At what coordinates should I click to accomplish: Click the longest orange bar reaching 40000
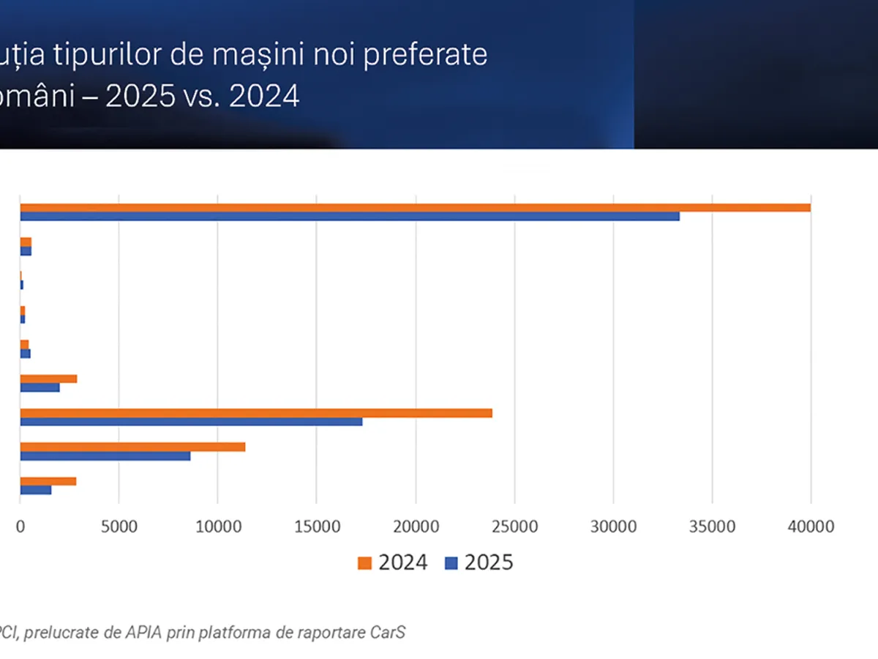pyautogui.click(x=415, y=207)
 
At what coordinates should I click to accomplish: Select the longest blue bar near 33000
pyautogui.click(x=350, y=216)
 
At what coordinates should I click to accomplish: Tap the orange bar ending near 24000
pyautogui.click(x=256, y=413)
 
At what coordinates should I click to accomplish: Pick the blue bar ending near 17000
pyautogui.click(x=191, y=422)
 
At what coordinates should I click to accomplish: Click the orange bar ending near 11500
pyautogui.click(x=132, y=447)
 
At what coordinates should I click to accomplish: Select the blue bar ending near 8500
pyautogui.click(x=105, y=455)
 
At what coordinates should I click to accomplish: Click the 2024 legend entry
pyautogui.click(x=393, y=562)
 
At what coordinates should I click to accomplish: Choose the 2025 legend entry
pyautogui.click(x=480, y=562)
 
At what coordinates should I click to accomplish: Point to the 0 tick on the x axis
pyautogui.click(x=20, y=526)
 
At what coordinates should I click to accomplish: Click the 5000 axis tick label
pyautogui.click(x=119, y=526)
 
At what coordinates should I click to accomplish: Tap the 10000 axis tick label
pyautogui.click(x=217, y=526)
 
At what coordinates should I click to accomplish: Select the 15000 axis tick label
pyautogui.click(x=316, y=526)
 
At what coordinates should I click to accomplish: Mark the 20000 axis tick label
pyautogui.click(x=415, y=526)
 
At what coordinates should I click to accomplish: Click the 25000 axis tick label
pyautogui.click(x=514, y=526)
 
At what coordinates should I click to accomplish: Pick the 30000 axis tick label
pyautogui.click(x=613, y=526)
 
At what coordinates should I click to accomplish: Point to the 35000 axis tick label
pyautogui.click(x=712, y=526)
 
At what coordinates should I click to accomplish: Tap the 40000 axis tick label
pyautogui.click(x=811, y=526)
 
